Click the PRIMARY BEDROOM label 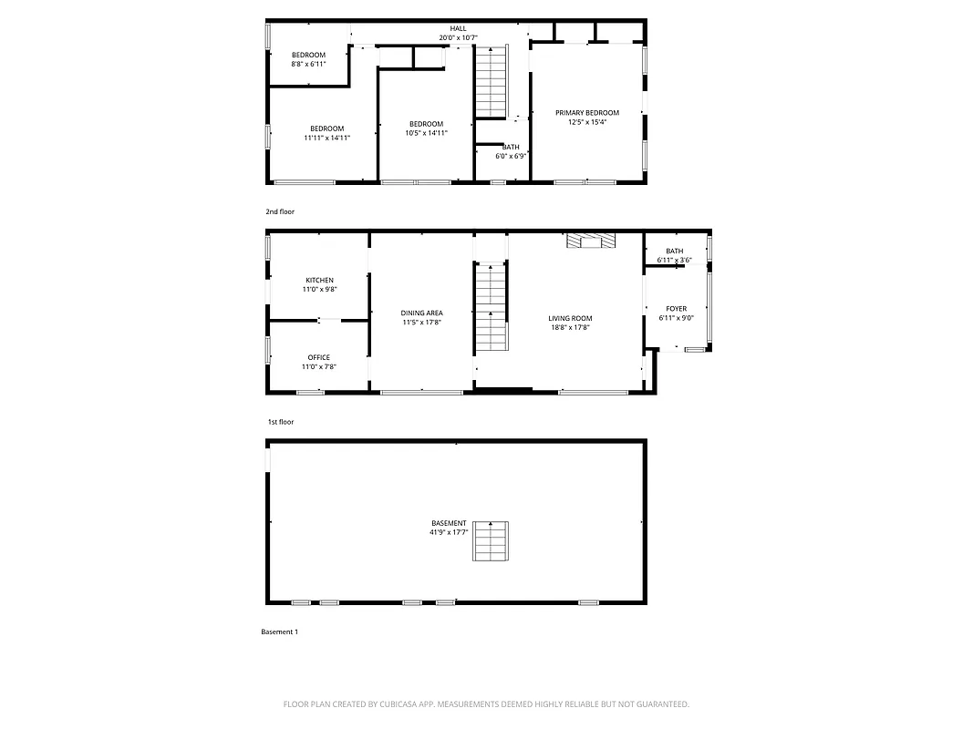coord(587,113)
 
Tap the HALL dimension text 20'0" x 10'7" coord(458,38)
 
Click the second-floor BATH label coord(511,147)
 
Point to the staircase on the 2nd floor coord(491,83)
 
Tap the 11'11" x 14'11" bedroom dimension coord(326,138)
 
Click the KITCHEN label coord(319,280)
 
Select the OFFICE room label coord(319,357)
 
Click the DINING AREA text coord(421,313)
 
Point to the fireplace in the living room coord(590,240)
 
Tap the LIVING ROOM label coord(569,318)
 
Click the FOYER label coord(676,309)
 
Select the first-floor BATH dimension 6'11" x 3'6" coord(674,261)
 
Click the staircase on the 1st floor coord(491,308)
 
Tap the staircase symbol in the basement coord(490,541)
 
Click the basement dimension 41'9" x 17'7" coord(449,532)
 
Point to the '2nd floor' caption coord(280,211)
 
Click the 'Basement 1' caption coord(279,631)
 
